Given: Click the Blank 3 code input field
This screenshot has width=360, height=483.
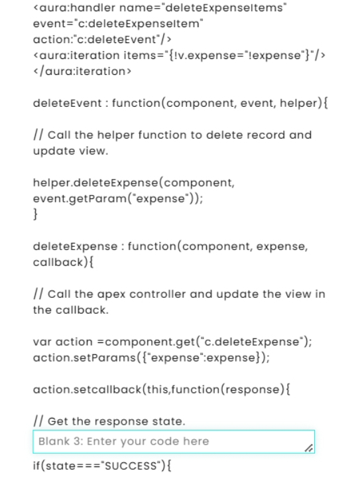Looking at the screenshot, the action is click(x=174, y=441).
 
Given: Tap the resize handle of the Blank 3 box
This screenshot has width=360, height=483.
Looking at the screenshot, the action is click(x=309, y=448).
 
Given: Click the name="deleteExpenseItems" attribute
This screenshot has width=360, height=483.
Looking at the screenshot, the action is click(x=203, y=7).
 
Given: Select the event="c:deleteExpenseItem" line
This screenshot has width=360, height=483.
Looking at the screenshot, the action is click(x=118, y=23).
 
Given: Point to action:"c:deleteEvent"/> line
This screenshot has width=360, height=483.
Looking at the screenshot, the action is click(x=102, y=39).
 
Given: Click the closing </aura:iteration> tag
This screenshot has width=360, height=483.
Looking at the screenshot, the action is click(x=82, y=71).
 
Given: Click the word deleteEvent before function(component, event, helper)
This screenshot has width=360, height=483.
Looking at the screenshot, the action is click(x=68, y=103).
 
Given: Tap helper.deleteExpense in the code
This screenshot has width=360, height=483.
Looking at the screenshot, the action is click(x=95, y=182).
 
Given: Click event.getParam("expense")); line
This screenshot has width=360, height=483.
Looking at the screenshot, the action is click(x=118, y=198).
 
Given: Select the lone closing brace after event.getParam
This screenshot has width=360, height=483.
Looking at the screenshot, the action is click(x=35, y=214).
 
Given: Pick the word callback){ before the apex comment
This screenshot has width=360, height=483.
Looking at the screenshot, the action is click(x=63, y=263).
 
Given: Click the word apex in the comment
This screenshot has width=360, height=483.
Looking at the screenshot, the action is click(x=111, y=295).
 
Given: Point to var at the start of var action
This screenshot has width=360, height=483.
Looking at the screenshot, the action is click(x=42, y=342).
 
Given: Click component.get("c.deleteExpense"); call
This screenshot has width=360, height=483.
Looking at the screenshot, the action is click(x=208, y=342).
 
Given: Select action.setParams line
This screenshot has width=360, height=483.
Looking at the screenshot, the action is click(x=151, y=358).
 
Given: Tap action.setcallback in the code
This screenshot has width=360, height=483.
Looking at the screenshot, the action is click(x=87, y=389).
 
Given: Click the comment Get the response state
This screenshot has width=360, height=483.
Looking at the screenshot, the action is click(x=116, y=421).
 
